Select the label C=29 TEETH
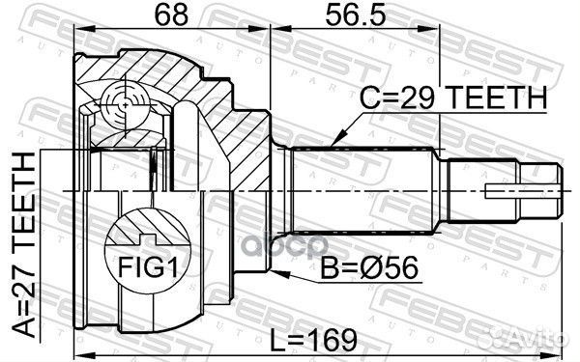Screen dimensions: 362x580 451,97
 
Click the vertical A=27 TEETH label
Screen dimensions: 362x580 26,245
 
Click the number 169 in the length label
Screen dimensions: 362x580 335,339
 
